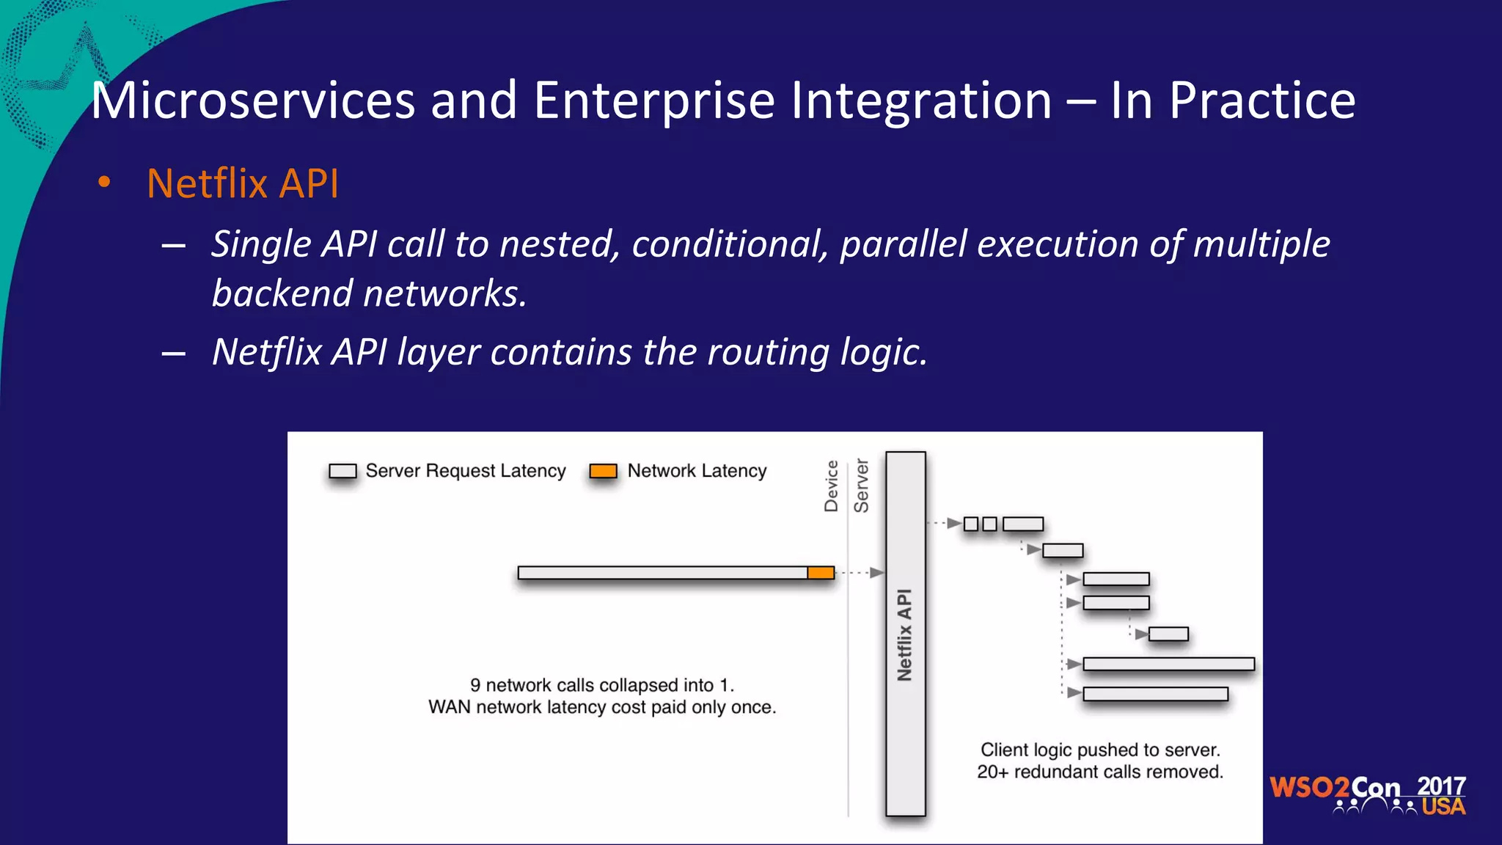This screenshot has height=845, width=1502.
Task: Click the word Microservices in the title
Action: pos(253,100)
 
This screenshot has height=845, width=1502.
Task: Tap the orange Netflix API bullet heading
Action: pos(242,183)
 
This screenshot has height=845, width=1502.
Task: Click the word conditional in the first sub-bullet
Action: pos(729,244)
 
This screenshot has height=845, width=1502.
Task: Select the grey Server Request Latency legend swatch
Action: pos(342,471)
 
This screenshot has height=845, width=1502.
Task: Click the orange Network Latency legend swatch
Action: pos(604,471)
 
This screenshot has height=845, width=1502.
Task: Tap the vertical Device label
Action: pos(831,486)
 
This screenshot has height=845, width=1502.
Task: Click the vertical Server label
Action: pos(862,486)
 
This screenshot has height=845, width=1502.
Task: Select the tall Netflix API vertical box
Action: pos(905,634)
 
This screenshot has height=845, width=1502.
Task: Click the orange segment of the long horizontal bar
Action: pos(821,573)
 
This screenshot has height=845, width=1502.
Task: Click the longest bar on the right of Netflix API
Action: pos(1168,664)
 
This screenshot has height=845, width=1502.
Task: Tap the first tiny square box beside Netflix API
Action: pos(971,524)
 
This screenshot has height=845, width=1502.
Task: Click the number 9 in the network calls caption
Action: pos(475,685)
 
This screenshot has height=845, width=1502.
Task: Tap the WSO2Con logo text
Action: pos(1335,788)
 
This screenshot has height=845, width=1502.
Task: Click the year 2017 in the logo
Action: pos(1441,786)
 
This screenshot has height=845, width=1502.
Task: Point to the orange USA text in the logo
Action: pos(1443,807)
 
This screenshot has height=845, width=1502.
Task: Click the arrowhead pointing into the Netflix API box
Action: pos(876,573)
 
